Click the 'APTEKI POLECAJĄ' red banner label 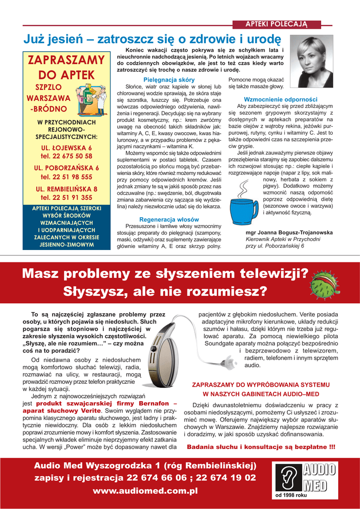coord(276,24)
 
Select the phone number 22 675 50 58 coord(66,156)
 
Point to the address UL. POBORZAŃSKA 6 coord(66,168)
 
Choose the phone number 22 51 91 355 coord(66,197)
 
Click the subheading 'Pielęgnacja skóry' coord(169,80)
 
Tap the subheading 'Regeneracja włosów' coord(169,219)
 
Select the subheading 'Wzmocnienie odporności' coord(280,99)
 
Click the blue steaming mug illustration coord(243,202)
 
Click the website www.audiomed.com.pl coord(145,491)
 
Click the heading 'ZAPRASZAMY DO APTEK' coord(66,68)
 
